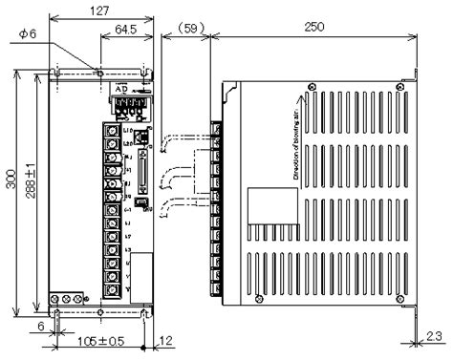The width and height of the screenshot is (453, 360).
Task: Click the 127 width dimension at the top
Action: [97, 10]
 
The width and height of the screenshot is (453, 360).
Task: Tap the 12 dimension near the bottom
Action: [165, 341]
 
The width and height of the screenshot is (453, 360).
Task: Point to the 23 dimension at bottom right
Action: [434, 335]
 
